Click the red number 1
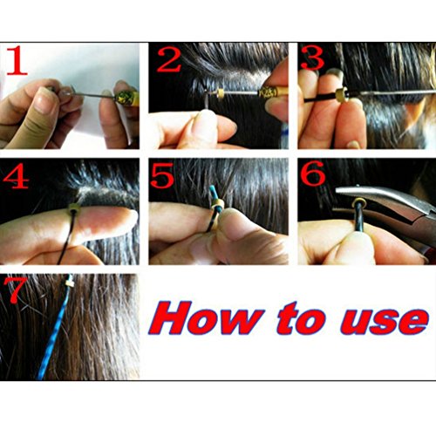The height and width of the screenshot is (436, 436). (17, 60)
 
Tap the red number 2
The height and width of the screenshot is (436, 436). (168, 59)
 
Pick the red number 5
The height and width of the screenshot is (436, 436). (163, 175)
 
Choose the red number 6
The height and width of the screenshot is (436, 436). (313, 174)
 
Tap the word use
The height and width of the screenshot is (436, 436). (385, 321)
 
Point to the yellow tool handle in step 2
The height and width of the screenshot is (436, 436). (273, 91)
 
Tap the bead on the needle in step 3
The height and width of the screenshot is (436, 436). (342, 95)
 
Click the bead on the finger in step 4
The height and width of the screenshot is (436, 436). (74, 208)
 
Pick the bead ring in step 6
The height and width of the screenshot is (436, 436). (359, 202)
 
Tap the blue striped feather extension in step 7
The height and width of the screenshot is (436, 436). (55, 329)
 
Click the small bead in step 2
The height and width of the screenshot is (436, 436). (221, 92)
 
